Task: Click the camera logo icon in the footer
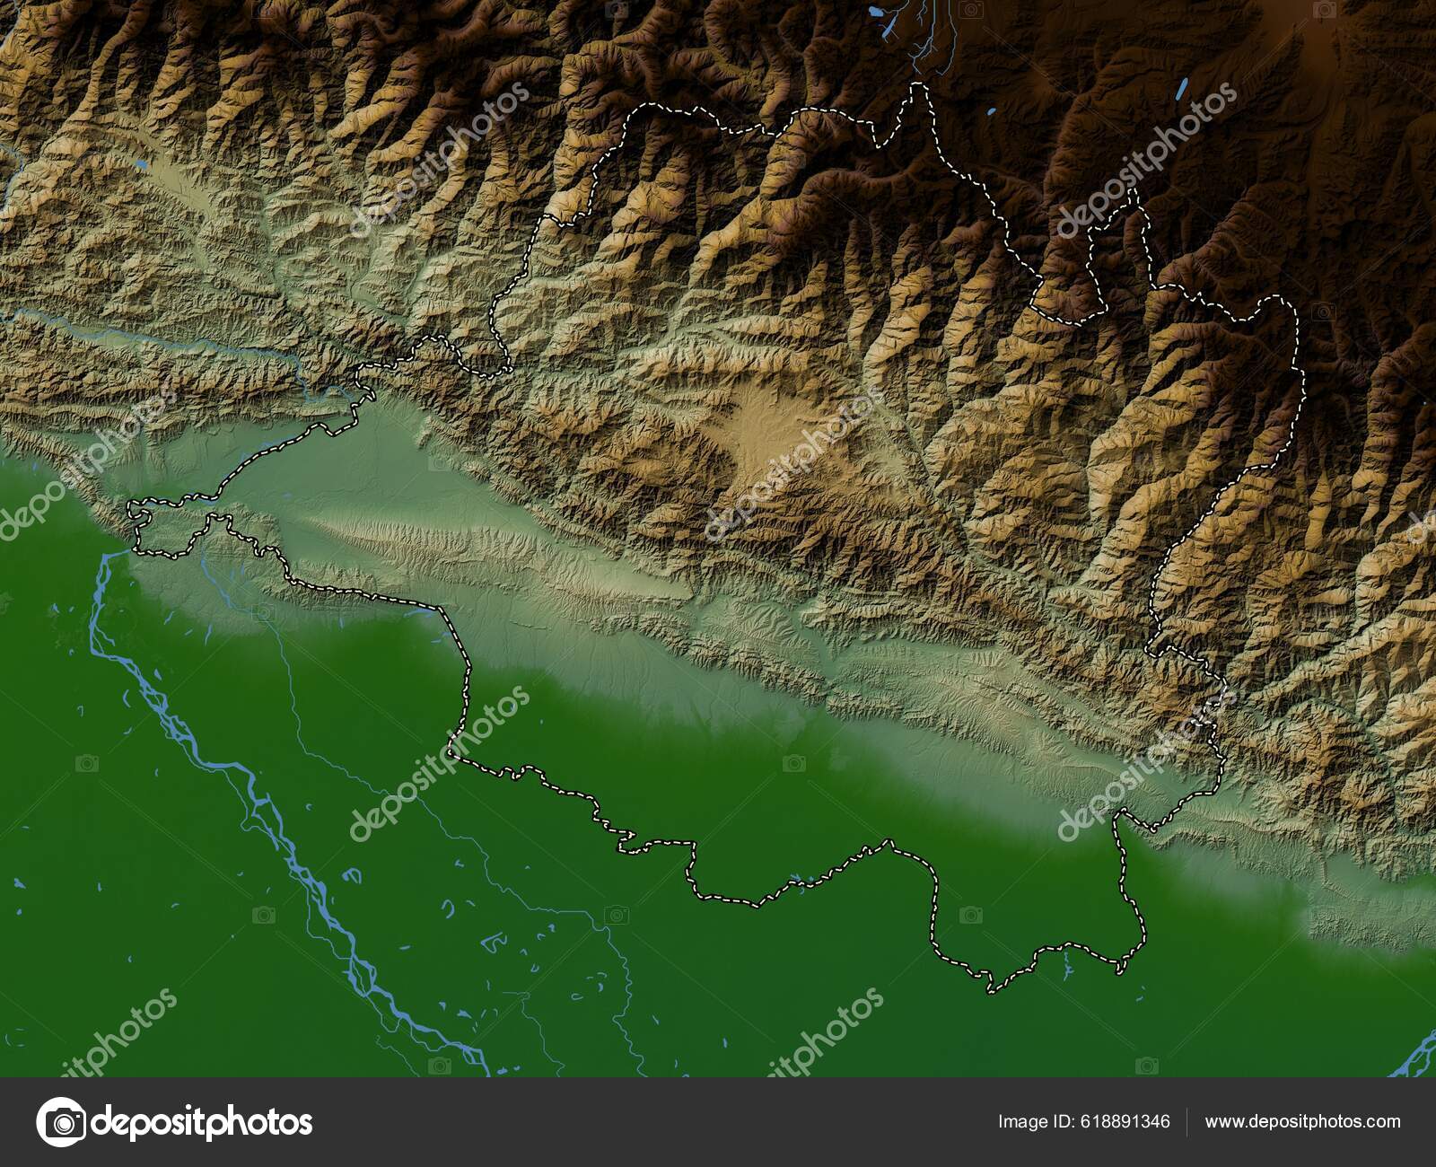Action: coord(62,1122)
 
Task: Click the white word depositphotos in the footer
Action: coord(202,1122)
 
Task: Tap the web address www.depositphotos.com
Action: coord(1302,1122)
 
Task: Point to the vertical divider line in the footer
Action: coord(1186,1122)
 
